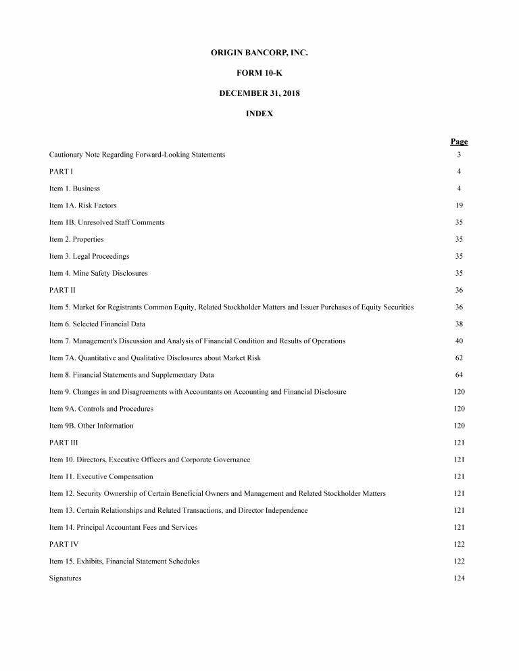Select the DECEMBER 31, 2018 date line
coord(259,93)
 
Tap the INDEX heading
coord(259,114)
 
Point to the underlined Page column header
coord(459,141)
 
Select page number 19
coord(459,205)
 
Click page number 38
coord(459,324)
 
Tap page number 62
coord(459,358)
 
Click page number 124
coord(459,578)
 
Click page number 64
coord(459,375)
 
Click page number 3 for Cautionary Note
coord(459,155)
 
